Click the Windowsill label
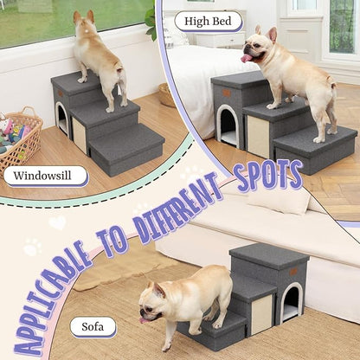(46, 176)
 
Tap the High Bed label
(209, 21)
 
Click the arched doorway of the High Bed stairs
(228, 126)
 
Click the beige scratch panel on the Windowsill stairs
(80, 135)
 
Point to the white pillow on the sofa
(277, 200)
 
